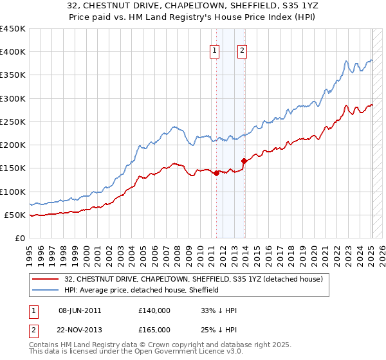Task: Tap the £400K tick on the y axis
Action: [x=12, y=52]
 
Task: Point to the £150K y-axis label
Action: [x=12, y=168]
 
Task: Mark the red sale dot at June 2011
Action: [x=216, y=173]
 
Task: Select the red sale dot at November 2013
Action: [x=244, y=161]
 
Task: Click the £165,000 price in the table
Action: [x=154, y=330]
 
